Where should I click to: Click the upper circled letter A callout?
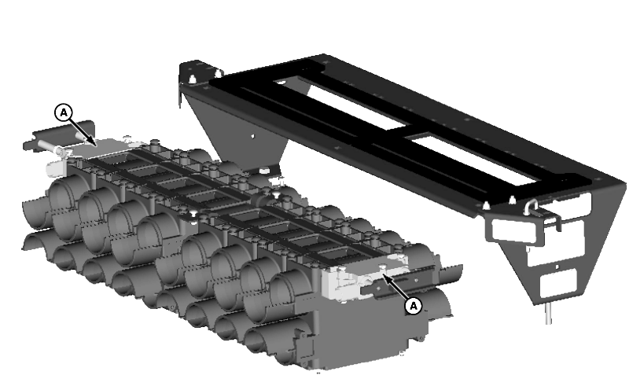click(64, 112)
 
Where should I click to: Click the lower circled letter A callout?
click(414, 306)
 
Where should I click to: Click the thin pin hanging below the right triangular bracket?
click(549, 313)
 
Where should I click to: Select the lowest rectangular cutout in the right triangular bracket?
click(559, 284)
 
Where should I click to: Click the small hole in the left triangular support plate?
click(252, 136)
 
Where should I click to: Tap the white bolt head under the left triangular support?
click(264, 171)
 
